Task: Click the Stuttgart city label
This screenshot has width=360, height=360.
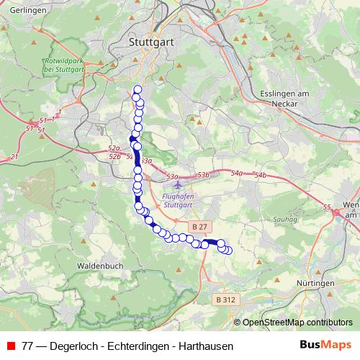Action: pos(152,42)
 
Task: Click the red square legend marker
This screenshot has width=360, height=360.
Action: pos(11,346)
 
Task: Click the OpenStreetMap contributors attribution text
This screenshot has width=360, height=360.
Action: pos(297,323)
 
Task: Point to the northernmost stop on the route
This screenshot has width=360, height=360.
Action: pos(137,89)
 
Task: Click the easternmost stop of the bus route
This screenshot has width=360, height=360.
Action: pos(229,250)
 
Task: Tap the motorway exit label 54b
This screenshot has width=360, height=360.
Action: pos(260,176)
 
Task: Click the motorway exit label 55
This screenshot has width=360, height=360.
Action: pos(328,207)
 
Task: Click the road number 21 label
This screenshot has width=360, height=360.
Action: pos(14,156)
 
